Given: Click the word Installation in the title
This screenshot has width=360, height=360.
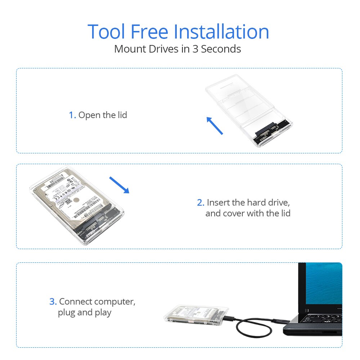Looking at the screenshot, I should (x=221, y=32).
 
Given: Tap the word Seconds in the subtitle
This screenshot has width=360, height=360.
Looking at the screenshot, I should (x=221, y=49).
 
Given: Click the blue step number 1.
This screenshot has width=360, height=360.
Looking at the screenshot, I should (x=72, y=115).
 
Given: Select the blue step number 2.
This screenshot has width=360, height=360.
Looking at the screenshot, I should (x=201, y=203).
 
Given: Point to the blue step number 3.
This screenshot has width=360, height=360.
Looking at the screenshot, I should (x=53, y=302).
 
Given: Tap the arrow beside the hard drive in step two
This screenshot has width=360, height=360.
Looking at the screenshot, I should (x=119, y=185).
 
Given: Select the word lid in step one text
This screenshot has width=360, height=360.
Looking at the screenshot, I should (x=122, y=115).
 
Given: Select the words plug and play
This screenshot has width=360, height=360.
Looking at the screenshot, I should (x=85, y=312).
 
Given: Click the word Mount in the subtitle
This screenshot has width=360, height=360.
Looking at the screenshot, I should (x=129, y=49).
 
